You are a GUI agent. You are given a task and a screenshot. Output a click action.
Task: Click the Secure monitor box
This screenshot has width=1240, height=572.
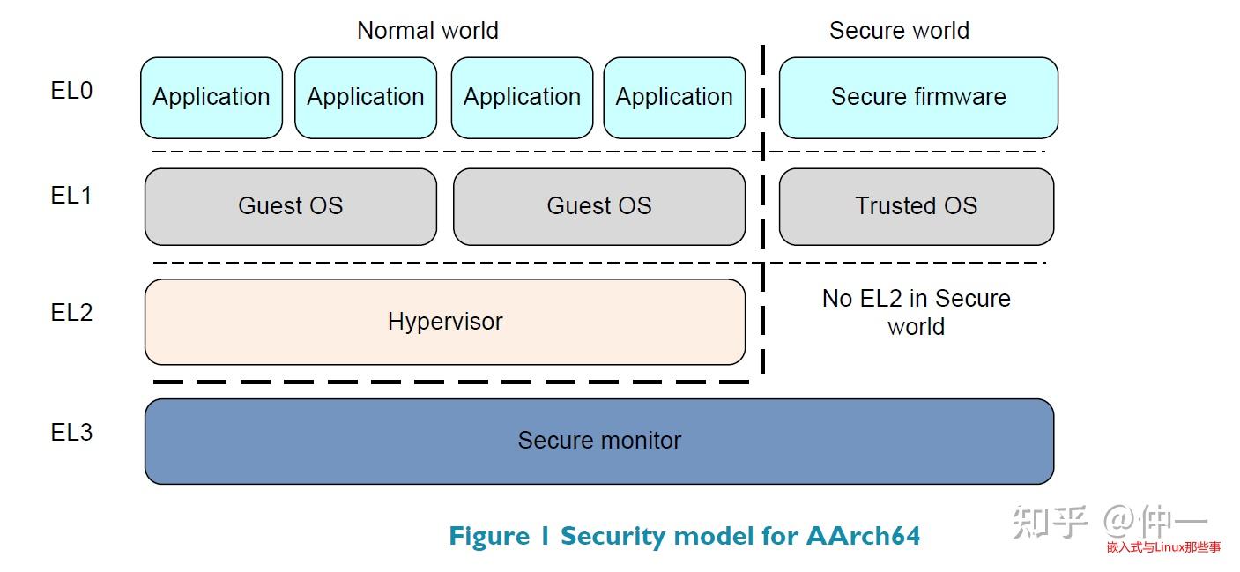click(598, 441)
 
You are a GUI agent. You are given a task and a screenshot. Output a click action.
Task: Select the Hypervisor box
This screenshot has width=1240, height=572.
click(444, 322)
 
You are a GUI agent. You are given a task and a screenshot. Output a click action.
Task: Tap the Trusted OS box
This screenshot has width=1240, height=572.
click(916, 206)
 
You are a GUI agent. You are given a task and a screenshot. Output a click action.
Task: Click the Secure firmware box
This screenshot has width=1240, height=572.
click(917, 97)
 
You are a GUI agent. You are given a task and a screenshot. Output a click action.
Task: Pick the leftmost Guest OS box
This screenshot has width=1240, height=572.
click(290, 206)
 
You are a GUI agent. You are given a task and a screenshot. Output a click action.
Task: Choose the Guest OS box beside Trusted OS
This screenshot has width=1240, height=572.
click(598, 206)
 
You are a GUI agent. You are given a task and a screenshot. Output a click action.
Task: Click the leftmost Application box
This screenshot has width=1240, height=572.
click(212, 97)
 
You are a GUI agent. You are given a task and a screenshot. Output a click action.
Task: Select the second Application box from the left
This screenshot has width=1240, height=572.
click(365, 97)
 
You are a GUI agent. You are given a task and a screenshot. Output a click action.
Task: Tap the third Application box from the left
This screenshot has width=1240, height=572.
click(522, 97)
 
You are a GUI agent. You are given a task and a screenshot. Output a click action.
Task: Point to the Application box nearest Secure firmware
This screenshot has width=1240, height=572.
click(674, 97)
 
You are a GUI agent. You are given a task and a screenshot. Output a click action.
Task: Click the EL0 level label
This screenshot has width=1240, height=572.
click(71, 91)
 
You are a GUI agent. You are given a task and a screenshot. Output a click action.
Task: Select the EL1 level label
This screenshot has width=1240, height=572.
click(71, 196)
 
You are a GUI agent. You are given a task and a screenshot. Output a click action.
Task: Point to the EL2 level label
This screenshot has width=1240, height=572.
click(71, 313)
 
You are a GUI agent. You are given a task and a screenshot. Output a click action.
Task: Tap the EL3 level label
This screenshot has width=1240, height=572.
click(71, 433)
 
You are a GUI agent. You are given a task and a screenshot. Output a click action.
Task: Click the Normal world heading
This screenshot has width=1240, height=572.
click(427, 31)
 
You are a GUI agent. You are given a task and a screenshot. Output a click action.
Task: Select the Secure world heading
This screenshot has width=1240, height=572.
click(899, 31)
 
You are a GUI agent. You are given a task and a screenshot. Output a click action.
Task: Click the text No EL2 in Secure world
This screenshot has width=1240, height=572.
click(916, 313)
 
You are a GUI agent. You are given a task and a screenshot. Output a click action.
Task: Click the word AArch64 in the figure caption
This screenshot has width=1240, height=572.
click(863, 536)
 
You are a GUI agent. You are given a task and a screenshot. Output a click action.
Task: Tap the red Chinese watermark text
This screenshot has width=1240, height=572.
click(1163, 547)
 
